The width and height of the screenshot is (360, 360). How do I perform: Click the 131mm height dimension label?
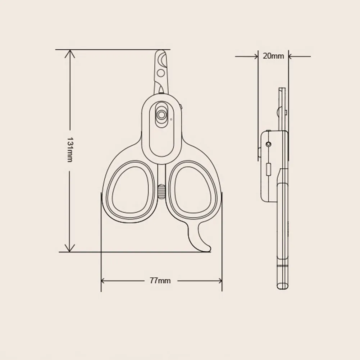coord(69,150)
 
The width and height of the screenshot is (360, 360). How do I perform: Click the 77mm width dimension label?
coord(160,281)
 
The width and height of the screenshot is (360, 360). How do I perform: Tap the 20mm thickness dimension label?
coord(273,56)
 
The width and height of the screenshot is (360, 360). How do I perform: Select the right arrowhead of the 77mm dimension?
coord(220,281)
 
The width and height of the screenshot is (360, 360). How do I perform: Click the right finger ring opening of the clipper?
coord(194,190)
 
